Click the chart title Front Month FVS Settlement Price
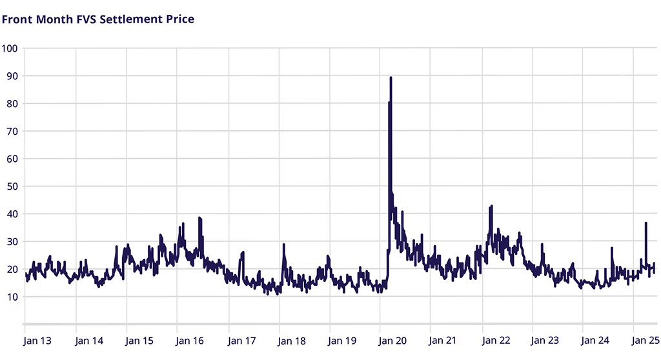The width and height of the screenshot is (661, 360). (x=98, y=19)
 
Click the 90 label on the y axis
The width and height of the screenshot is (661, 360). (x=11, y=76)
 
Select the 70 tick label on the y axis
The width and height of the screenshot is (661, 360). (x=11, y=131)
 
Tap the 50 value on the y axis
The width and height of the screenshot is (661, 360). (x=11, y=186)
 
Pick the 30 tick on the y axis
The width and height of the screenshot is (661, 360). (x=11, y=241)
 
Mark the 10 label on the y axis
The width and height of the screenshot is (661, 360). (x=11, y=297)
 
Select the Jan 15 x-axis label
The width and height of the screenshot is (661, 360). (x=140, y=340)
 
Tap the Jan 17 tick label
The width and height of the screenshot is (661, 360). (x=241, y=340)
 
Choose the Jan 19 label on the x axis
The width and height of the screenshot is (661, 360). (x=343, y=340)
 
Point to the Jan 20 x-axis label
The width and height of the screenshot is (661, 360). (x=394, y=340)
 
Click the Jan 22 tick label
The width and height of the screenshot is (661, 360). (x=495, y=340)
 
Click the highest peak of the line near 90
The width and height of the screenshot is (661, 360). (x=391, y=77)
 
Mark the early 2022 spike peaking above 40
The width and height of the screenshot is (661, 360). (x=492, y=206)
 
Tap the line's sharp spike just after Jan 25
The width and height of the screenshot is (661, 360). (x=646, y=223)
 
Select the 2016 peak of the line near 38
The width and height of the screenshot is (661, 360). (x=200, y=218)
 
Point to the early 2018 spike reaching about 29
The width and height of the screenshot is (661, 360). (x=284, y=245)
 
